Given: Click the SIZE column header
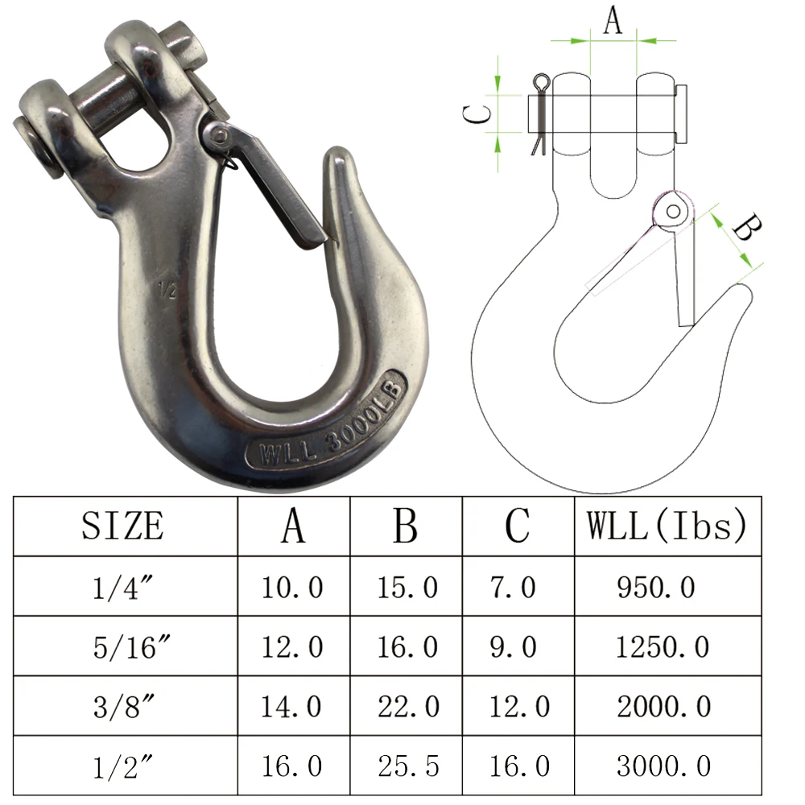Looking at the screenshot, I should pyautogui.click(x=122, y=526).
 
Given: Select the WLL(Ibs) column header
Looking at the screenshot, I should pyautogui.click(x=667, y=526).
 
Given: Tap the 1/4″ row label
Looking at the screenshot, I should pyautogui.click(x=122, y=588).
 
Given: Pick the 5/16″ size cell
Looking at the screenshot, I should pyautogui.click(x=122, y=646).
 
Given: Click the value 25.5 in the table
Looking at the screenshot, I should pyautogui.click(x=408, y=766).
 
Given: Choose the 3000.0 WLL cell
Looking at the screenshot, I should pyautogui.click(x=664, y=766).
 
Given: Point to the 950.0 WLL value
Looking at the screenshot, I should pyautogui.click(x=656, y=588).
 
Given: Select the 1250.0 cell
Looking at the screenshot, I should pyautogui.click(x=664, y=646).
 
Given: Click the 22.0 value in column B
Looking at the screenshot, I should pyautogui.click(x=408, y=707).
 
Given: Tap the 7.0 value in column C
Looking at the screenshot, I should pyautogui.click(x=513, y=588).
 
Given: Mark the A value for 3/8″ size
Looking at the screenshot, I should pyautogui.click(x=291, y=707).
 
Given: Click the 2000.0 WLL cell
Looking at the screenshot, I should pyautogui.click(x=664, y=707).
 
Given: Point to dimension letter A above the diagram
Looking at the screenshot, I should pyautogui.click(x=613, y=20).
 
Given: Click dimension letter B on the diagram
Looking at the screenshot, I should pyautogui.click(x=745, y=229).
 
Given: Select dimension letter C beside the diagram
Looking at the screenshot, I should pyautogui.click(x=478, y=114).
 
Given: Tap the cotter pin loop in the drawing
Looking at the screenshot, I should pyautogui.click(x=541, y=82).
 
